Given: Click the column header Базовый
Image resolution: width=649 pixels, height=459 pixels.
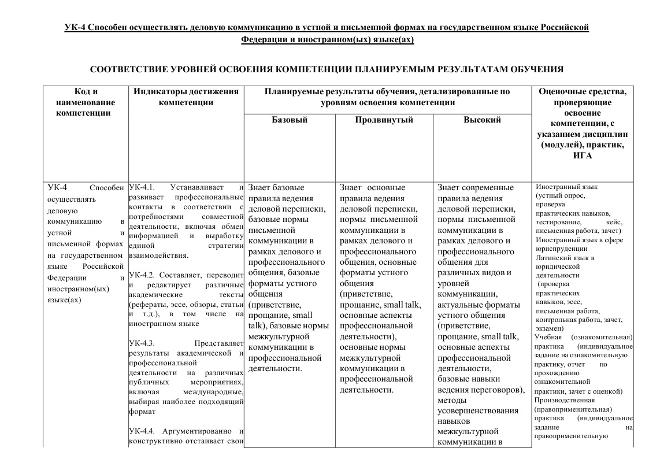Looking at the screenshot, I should pos(290,120).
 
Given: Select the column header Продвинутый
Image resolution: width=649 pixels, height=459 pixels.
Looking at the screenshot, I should pos(384,120).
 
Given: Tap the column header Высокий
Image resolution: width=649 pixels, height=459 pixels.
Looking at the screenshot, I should pos(482,120).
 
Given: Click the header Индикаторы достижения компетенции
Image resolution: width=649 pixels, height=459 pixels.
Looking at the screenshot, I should pos(186,97).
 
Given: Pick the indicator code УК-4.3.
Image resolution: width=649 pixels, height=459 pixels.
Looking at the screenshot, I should pos(140,343).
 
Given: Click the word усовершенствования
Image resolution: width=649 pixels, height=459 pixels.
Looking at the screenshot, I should pos(478,410).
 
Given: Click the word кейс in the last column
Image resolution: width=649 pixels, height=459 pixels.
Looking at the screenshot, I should pos(614,222).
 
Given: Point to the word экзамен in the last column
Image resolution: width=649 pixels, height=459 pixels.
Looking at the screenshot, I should pos(549,328).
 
